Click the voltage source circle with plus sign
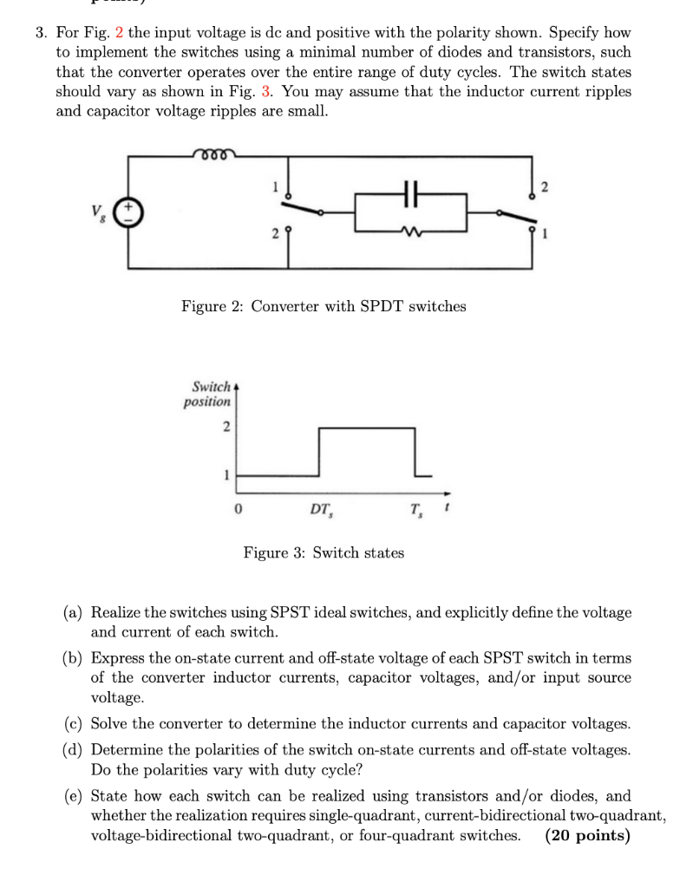coord(130,212)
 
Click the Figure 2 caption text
coord(324,306)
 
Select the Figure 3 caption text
coord(324,552)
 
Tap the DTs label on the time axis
coord(320,509)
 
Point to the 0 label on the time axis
coord(236,509)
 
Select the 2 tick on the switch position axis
coord(226,426)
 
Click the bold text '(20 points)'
coord(587,835)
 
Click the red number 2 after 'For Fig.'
coord(120,33)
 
